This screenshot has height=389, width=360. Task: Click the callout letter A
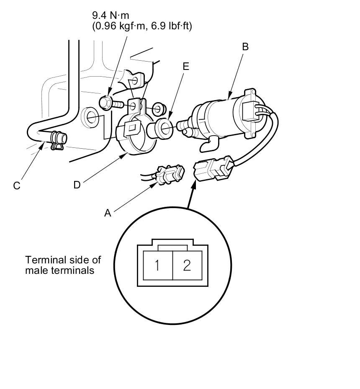(x=108, y=213)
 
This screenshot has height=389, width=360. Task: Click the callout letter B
(x=245, y=46)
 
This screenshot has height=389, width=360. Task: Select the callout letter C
(x=17, y=186)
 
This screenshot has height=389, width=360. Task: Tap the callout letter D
(x=77, y=185)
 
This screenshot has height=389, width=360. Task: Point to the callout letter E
(x=186, y=67)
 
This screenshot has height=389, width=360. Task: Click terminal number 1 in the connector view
(x=157, y=265)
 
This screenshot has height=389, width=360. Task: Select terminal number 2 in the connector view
(x=187, y=265)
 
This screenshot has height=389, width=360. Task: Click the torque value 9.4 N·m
(x=111, y=15)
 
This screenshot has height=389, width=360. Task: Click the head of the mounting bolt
(x=105, y=103)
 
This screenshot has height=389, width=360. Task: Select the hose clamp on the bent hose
(x=57, y=141)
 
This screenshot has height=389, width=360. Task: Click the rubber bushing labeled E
(x=160, y=128)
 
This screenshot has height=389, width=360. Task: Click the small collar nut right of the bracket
(x=159, y=110)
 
